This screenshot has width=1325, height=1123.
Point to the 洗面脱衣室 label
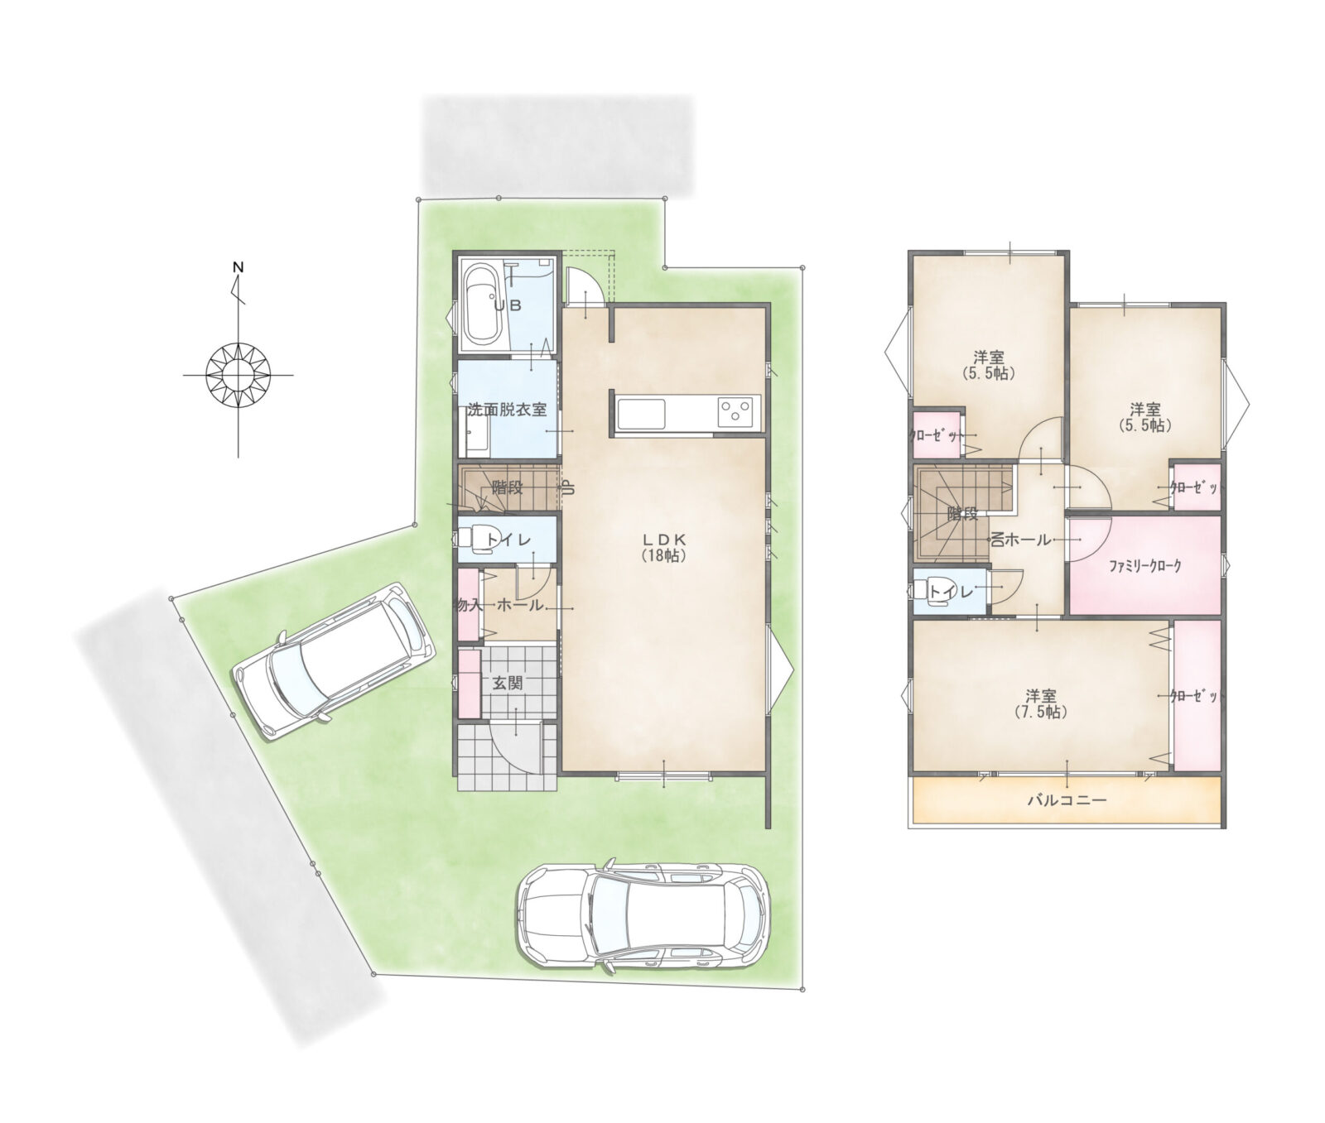pos(508,410)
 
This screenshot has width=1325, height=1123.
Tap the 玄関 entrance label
pos(508,684)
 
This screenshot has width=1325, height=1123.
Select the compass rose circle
pos(238,375)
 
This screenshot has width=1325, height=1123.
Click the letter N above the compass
pos(238,267)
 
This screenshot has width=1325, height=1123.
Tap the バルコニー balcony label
pos(1067,800)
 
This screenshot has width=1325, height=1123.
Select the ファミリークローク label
pos(1145,567)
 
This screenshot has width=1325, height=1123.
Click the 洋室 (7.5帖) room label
pos(1041,703)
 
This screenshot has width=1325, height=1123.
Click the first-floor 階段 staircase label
pos(507,487)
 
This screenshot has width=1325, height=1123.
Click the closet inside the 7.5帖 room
pos(1197,697)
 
